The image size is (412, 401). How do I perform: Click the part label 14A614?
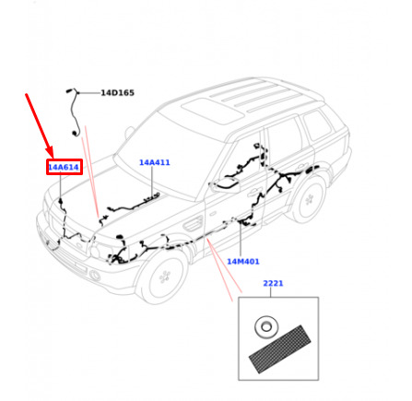[64, 167]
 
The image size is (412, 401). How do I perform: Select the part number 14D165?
[118, 93]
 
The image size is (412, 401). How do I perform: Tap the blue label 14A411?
[155, 162]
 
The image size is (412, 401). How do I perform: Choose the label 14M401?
[243, 262]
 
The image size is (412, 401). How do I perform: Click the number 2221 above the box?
[273, 283]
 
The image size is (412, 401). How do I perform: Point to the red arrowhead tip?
[53, 158]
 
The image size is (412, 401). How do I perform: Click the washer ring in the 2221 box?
[266, 327]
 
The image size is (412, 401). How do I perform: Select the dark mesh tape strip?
[279, 349]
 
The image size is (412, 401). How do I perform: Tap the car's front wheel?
[164, 276]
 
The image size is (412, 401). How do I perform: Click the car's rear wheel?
[308, 199]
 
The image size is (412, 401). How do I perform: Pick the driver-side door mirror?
[226, 185]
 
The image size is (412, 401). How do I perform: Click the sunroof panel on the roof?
[212, 111]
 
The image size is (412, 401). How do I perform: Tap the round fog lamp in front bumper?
[95, 276]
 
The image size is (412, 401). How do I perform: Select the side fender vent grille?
[194, 223]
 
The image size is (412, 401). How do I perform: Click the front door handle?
[253, 194]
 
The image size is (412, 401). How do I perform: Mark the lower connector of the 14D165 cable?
[74, 134]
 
